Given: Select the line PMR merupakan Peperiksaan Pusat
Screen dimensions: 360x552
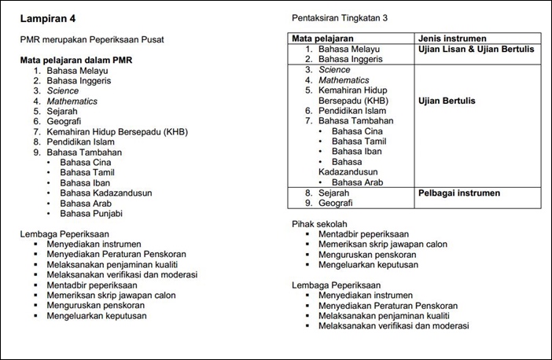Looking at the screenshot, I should pos(102,39).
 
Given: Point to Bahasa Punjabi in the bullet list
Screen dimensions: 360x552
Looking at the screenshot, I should pos(91,213).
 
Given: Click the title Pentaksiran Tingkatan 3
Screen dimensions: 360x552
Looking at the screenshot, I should pos(340,17).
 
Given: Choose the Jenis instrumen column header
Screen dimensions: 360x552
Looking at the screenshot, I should pos(452,38).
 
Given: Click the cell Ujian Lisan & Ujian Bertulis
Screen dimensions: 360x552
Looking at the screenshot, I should pos(477,49).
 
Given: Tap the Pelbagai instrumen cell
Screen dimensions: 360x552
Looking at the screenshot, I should pos(459,193).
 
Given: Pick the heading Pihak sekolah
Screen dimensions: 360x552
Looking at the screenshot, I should pos(319,223).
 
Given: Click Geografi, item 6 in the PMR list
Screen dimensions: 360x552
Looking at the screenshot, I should pos(65,121).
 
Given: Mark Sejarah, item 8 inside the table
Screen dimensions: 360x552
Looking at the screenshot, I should pos(334,193).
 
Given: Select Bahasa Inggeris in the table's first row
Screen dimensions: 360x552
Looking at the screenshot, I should pos(351,59).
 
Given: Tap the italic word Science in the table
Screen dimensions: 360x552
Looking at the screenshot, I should pos(334,70).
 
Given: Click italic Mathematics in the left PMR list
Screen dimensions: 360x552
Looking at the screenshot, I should pos(72,101).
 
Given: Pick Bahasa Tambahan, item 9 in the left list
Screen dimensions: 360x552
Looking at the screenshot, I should pos(84,152).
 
